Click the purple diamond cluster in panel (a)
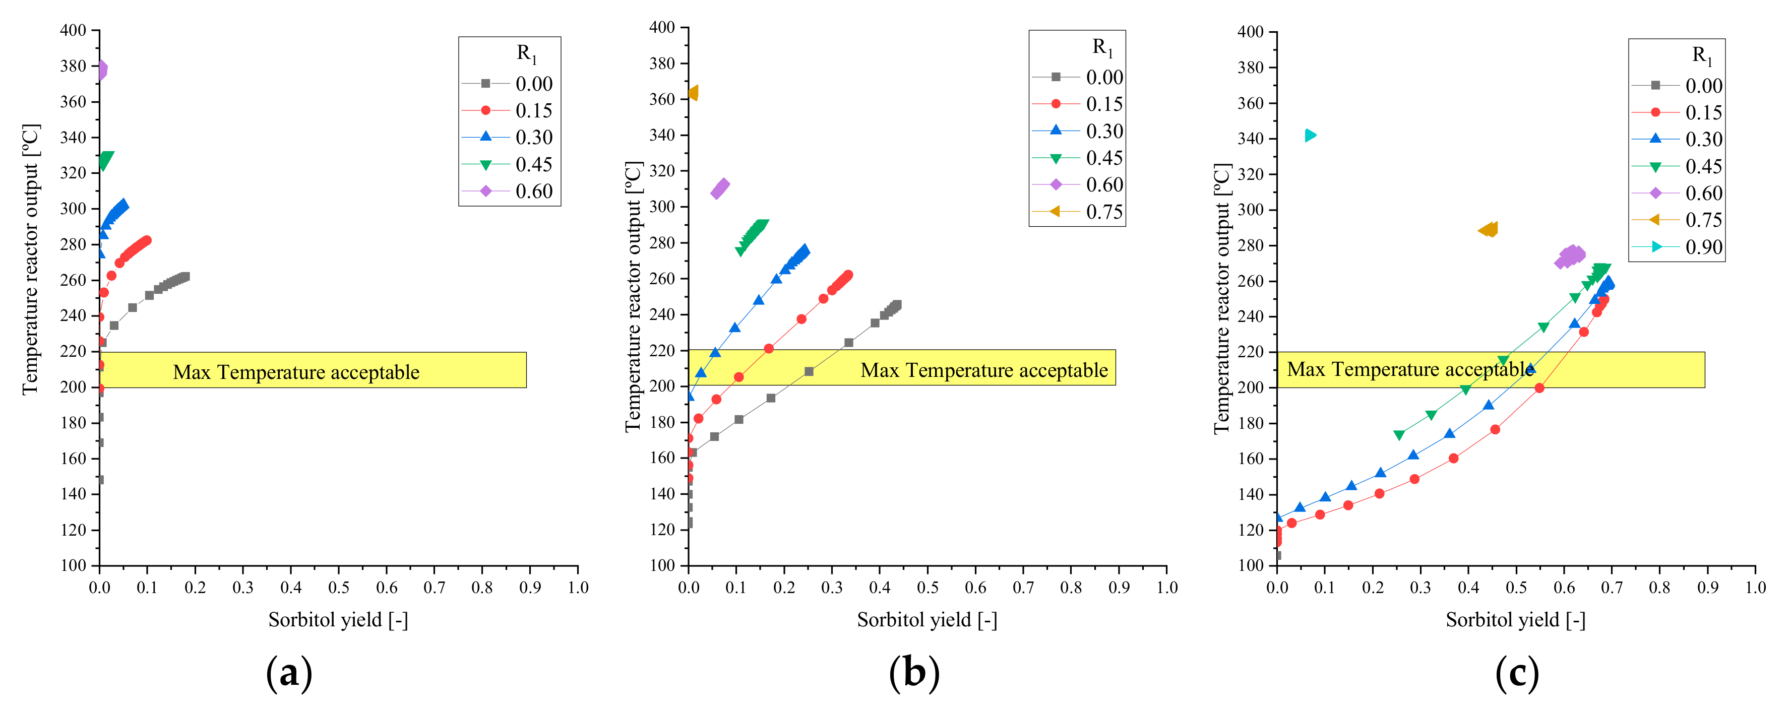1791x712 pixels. click(x=101, y=70)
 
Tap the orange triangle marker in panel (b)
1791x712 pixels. click(x=693, y=93)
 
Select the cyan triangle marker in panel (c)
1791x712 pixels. click(x=1310, y=135)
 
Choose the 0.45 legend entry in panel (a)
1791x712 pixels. click(x=533, y=164)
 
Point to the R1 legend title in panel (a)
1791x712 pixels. click(x=526, y=53)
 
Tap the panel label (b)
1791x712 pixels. click(x=913, y=673)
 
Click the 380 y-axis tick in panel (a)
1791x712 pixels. click(x=73, y=66)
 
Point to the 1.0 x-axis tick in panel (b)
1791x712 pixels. click(x=1166, y=588)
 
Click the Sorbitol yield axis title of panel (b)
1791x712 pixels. click(x=927, y=619)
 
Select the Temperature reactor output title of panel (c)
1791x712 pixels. click(x=1222, y=299)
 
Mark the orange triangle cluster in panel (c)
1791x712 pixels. click(x=1489, y=229)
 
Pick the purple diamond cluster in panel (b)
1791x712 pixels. click(x=720, y=188)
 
